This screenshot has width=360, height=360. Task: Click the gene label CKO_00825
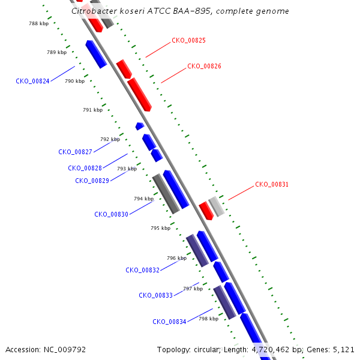tap(188, 41)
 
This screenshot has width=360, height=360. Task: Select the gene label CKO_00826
tap(204, 67)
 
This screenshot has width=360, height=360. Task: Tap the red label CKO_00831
tap(272, 185)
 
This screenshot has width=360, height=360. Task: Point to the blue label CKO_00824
tap(32, 81)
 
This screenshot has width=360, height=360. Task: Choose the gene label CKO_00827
tap(75, 152)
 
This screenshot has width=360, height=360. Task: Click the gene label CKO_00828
tap(85, 169)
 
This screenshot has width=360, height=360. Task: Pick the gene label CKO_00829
tap(92, 181)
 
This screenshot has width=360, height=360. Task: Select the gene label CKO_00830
tap(111, 214)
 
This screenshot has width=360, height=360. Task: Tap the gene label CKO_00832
tap(142, 270)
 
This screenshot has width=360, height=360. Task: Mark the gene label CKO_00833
tap(155, 295)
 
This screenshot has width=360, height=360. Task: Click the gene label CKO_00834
tap(169, 322)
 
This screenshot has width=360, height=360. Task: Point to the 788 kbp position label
tap(39, 23)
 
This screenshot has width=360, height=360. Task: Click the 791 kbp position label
tap(92, 110)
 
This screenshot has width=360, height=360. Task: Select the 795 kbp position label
tap(160, 228)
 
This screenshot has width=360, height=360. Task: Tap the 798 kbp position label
tap(208, 319)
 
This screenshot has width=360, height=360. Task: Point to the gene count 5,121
tap(344, 349)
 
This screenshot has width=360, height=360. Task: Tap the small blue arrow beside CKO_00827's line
tap(139, 126)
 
